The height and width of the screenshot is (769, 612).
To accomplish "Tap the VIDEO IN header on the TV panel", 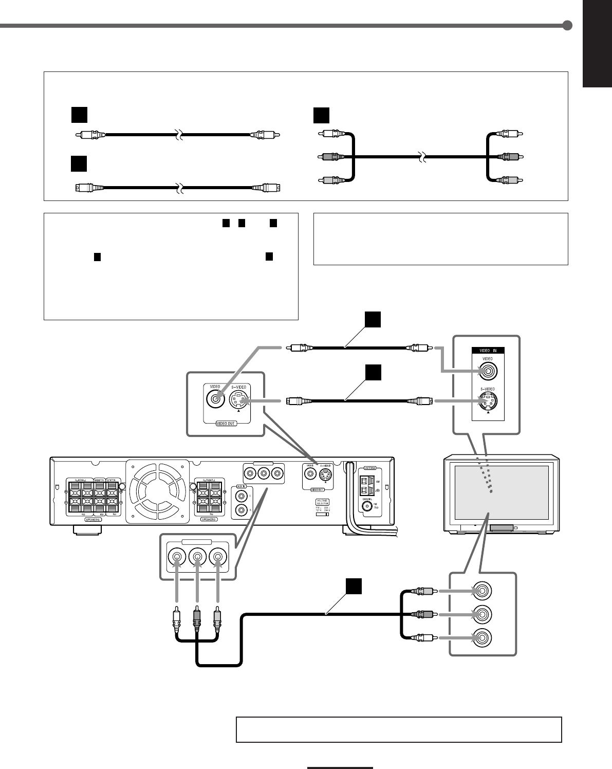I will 488,351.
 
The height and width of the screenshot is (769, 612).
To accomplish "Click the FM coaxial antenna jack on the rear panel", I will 367,506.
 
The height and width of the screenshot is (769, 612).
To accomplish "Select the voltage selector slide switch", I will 323,514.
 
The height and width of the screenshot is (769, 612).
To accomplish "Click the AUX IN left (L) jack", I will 240,497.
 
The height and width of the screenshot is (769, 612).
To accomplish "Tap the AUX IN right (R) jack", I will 240,510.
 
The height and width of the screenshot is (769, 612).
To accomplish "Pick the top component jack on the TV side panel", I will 482,591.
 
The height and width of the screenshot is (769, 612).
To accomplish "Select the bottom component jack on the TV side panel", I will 482,637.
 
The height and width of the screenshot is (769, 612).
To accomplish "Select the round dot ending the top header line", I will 567,26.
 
